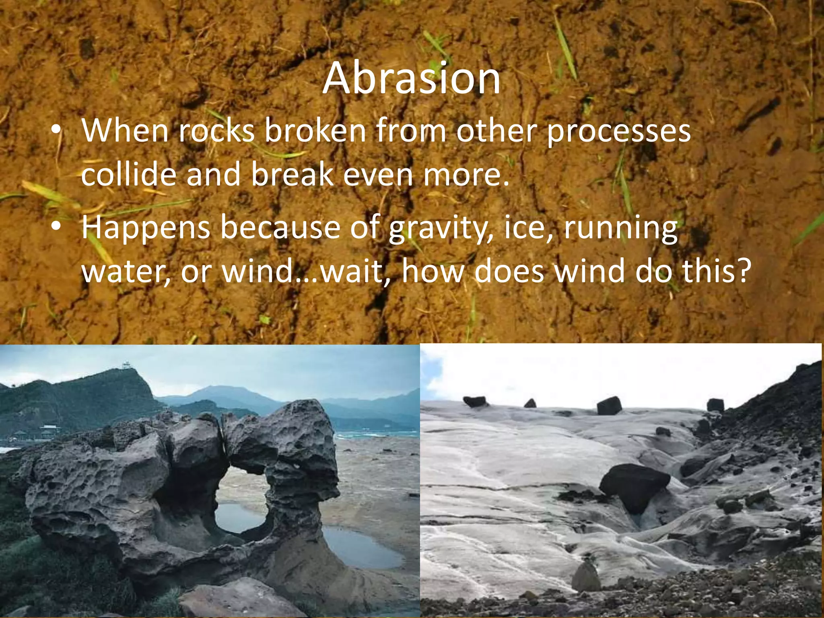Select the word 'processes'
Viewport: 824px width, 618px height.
point(619,132)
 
